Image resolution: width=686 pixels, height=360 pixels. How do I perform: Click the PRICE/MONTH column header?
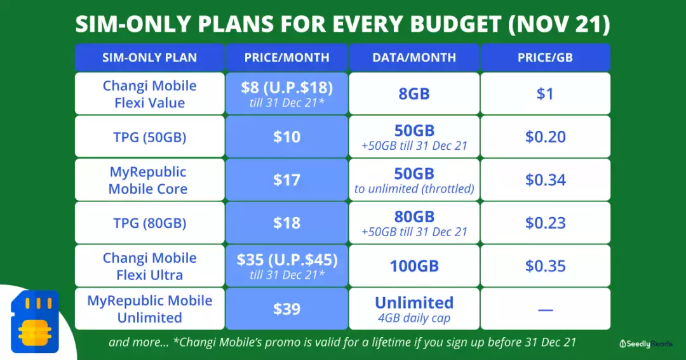(x=286, y=57)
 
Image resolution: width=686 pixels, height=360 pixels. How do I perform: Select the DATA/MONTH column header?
(x=414, y=57)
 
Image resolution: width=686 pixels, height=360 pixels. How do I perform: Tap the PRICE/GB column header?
(x=545, y=57)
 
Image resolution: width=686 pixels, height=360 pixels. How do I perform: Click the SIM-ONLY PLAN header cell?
(x=150, y=57)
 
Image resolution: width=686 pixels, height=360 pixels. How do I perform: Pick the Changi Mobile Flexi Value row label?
(x=150, y=94)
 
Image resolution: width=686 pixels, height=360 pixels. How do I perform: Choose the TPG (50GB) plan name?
(x=150, y=137)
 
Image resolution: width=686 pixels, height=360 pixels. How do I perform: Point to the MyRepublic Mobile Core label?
(x=148, y=180)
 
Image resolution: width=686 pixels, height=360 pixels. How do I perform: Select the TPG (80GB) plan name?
(x=150, y=223)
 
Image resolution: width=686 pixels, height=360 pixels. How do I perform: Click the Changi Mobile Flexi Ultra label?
(x=150, y=267)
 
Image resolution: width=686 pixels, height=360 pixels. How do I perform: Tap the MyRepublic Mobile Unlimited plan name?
(x=150, y=309)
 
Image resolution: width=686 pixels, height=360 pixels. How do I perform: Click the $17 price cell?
(x=286, y=180)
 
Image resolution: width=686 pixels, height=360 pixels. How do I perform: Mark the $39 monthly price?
(x=286, y=309)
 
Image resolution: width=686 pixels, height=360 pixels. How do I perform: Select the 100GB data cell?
(x=414, y=266)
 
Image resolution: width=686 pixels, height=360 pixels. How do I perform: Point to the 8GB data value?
(x=414, y=93)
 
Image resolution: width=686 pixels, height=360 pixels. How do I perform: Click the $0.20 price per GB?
(x=545, y=137)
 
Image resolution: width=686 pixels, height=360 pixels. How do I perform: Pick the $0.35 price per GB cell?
(x=545, y=266)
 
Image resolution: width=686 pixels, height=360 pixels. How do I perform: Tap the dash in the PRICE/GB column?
(x=545, y=310)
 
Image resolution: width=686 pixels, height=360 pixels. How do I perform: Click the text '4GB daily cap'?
(x=414, y=318)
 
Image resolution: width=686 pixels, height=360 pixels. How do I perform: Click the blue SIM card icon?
(x=34, y=321)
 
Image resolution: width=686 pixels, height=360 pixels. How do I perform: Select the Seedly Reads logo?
(x=646, y=344)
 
